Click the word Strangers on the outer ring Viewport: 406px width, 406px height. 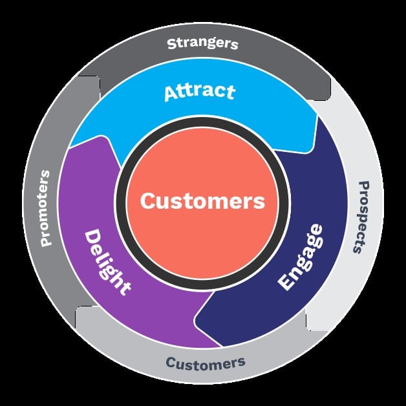[x=202, y=43]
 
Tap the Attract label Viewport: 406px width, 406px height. [x=200, y=92]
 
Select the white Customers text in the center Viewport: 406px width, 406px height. [x=202, y=201]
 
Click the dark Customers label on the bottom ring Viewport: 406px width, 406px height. [x=206, y=363]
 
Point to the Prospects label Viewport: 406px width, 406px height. [x=361, y=217]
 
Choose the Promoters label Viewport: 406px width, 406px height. [x=45, y=208]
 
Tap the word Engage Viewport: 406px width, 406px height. [x=301, y=257]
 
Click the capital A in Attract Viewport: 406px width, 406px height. [x=171, y=94]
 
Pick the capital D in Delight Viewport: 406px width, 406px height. [x=92, y=237]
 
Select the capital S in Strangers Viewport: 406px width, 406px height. [x=172, y=44]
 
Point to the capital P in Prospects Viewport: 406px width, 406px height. [x=364, y=186]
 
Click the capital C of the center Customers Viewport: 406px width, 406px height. [x=147, y=201]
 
